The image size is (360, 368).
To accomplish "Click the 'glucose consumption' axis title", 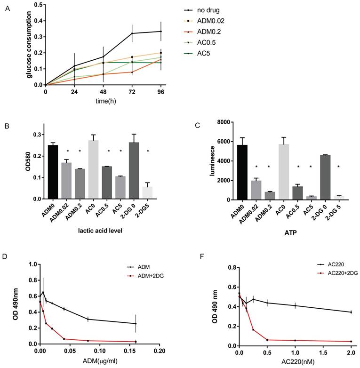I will pos(29,44).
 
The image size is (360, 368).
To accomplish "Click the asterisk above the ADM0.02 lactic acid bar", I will pos(67,151).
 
